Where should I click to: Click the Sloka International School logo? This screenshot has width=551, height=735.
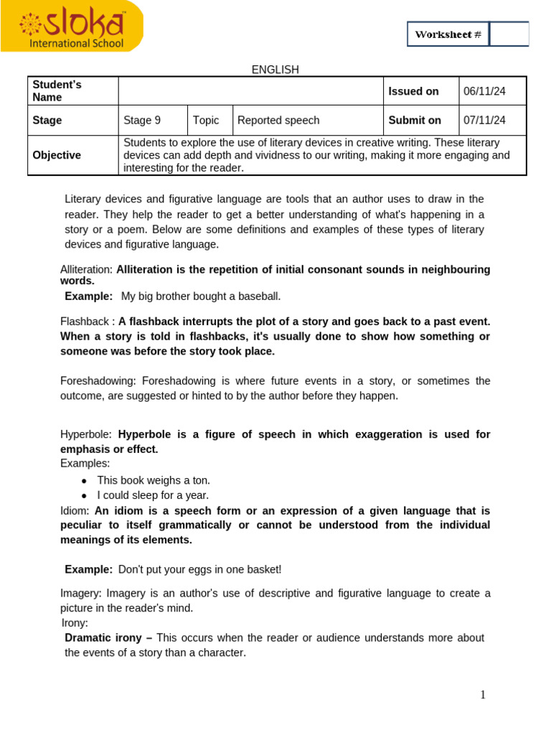(x=72, y=27)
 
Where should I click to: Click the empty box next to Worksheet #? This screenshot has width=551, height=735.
(x=509, y=34)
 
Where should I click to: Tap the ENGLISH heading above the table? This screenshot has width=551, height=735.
(x=275, y=70)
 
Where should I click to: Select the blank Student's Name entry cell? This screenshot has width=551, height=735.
(x=250, y=91)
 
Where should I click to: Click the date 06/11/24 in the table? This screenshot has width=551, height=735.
(x=484, y=91)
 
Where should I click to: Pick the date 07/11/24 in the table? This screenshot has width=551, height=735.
(x=484, y=121)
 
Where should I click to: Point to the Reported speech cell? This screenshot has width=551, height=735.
(x=278, y=121)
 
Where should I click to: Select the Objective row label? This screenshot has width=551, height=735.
(x=57, y=155)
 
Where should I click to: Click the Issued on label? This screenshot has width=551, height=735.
(x=413, y=91)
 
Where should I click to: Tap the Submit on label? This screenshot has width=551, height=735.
(x=415, y=121)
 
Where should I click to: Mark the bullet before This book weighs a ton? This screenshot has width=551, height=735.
(x=85, y=481)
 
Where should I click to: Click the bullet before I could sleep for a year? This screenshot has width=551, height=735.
(x=85, y=496)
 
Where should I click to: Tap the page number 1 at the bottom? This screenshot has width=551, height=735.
(x=483, y=695)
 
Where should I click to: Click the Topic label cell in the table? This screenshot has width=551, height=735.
(x=206, y=121)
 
